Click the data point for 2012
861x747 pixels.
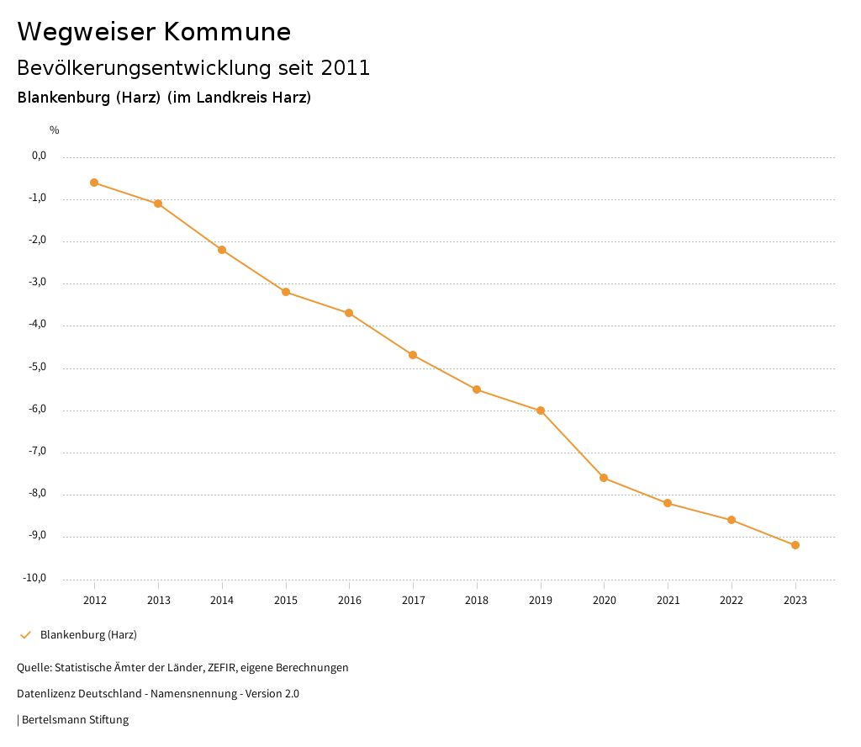(94, 183)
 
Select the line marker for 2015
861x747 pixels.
(286, 292)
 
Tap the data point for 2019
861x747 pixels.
(541, 411)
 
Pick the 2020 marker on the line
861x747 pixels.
(604, 478)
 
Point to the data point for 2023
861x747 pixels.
(795, 545)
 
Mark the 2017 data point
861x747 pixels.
(413, 355)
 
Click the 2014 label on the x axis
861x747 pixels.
(222, 601)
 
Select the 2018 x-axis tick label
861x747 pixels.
(477, 601)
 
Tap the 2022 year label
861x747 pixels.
(732, 601)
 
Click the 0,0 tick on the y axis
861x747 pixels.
(39, 156)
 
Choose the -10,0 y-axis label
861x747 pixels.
(34, 578)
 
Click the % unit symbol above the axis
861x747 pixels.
(55, 130)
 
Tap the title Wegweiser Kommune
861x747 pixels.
(154, 32)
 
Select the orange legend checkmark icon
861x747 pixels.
(25, 635)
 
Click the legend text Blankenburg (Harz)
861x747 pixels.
(88, 635)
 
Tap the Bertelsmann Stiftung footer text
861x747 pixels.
(75, 720)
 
